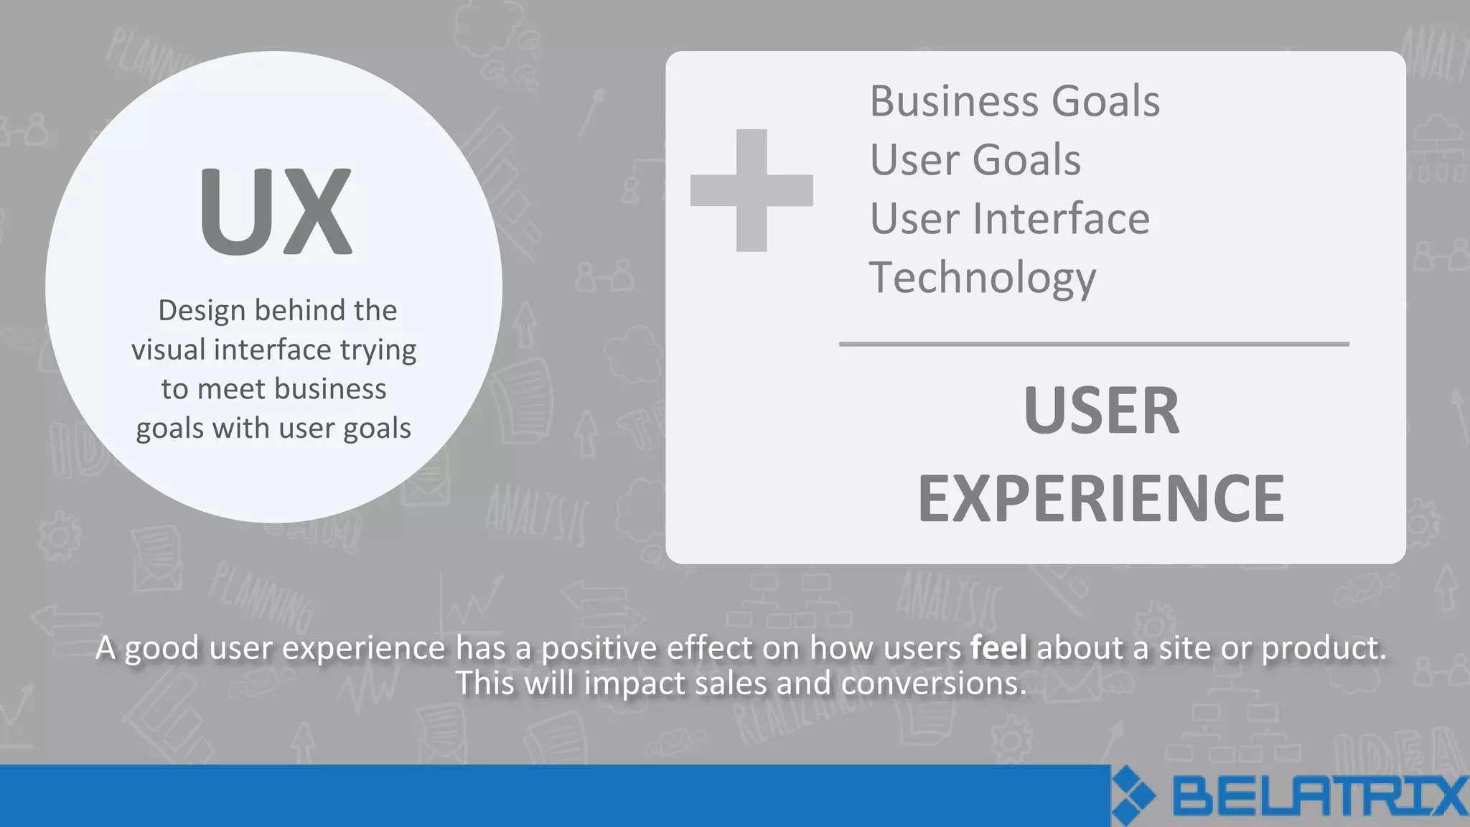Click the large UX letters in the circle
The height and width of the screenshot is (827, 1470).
(x=276, y=211)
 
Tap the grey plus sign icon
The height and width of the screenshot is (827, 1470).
(x=752, y=190)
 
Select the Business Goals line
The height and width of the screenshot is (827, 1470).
(x=1014, y=101)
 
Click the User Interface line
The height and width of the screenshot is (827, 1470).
(x=1009, y=219)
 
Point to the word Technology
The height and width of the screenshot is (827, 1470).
(x=982, y=279)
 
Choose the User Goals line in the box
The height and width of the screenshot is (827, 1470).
(x=975, y=160)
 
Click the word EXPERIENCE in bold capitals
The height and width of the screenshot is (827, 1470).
(x=1101, y=499)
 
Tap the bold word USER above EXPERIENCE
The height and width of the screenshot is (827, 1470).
(x=1101, y=411)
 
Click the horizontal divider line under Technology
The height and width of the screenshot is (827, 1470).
(x=1094, y=345)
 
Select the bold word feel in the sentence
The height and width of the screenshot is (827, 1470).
(x=998, y=648)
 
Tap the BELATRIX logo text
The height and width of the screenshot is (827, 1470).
(x=1319, y=796)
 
